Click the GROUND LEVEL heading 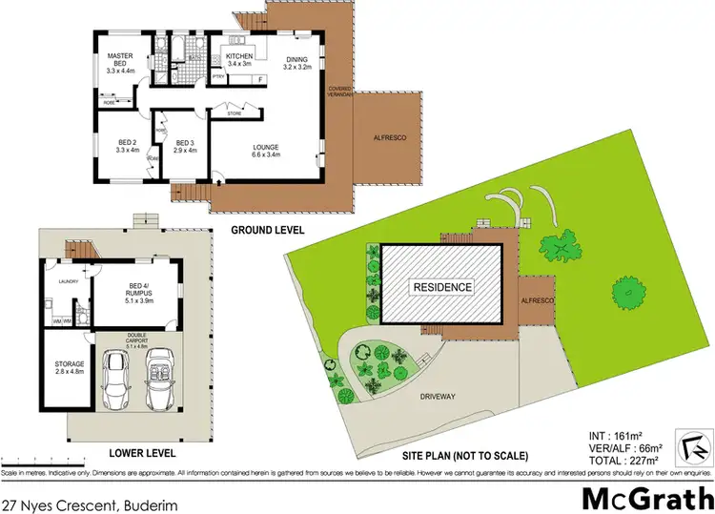pos(268,231)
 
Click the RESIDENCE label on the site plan pos(440,286)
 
